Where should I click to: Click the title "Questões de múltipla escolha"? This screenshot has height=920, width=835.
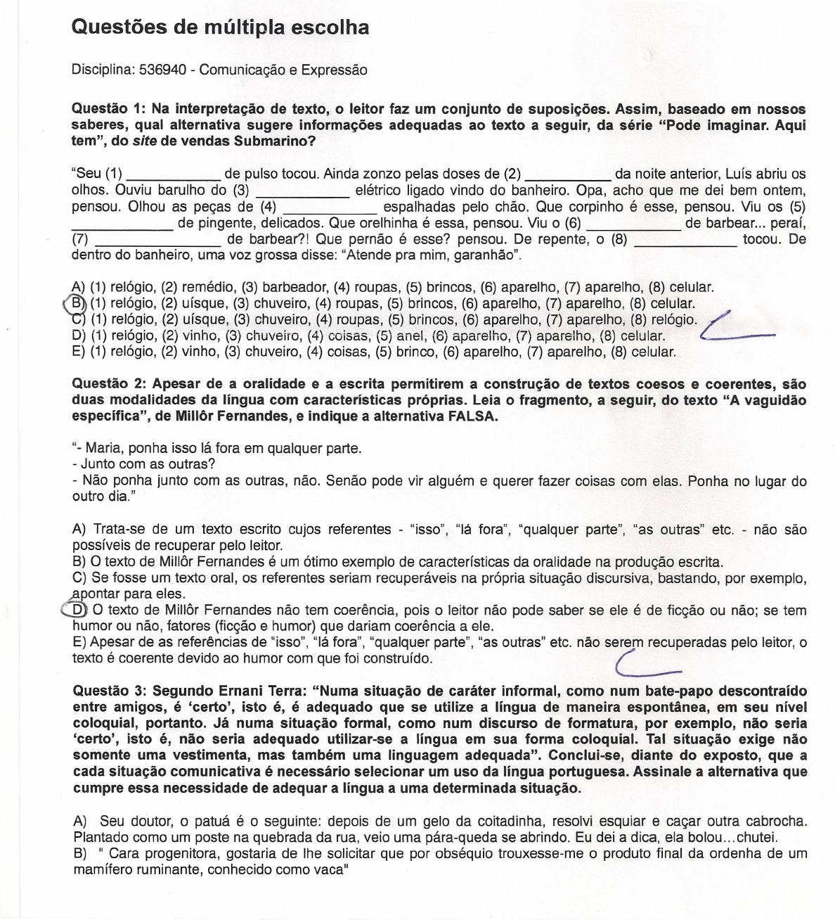tap(220, 27)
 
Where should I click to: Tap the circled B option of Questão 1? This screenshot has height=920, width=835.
tap(76, 304)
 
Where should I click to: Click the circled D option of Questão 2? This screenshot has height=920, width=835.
tap(78, 610)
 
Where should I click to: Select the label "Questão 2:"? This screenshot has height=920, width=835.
tap(109, 384)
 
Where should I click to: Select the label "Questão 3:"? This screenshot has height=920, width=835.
tap(109, 691)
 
